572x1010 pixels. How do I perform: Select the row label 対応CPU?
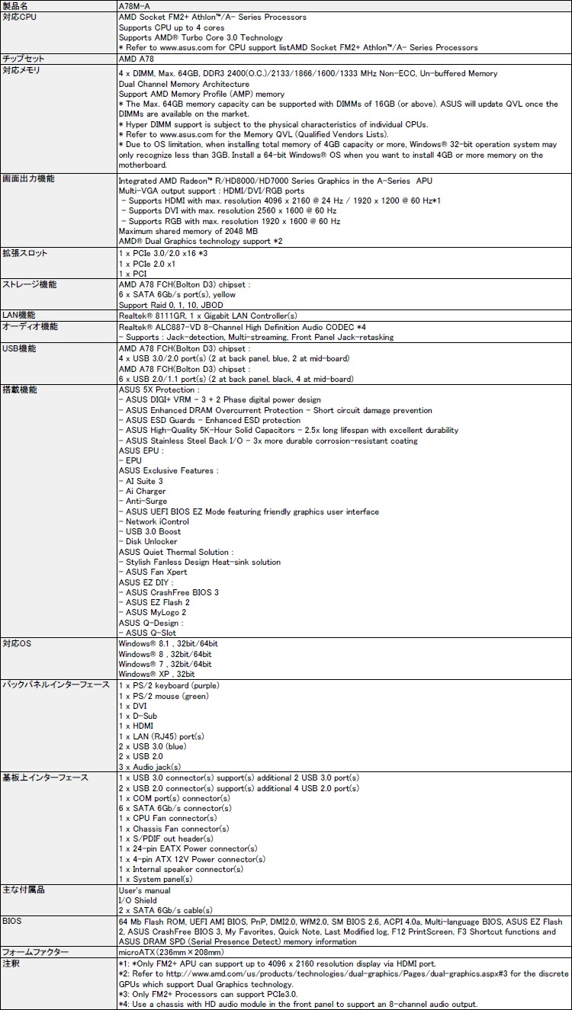(18, 17)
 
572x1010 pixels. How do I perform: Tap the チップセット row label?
(24, 59)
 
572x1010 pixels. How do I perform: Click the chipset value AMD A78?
(137, 59)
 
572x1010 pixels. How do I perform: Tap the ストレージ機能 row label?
(29, 284)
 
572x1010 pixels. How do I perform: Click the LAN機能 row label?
(19, 315)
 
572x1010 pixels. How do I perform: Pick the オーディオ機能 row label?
(29, 326)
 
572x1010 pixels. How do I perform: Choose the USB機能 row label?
(19, 348)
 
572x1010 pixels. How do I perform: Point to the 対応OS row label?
(17, 643)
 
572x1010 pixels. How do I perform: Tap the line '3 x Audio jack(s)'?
(149, 767)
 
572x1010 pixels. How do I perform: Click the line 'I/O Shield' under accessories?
(138, 900)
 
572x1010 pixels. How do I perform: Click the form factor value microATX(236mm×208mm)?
(171, 952)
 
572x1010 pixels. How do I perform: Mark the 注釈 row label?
(11, 964)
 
